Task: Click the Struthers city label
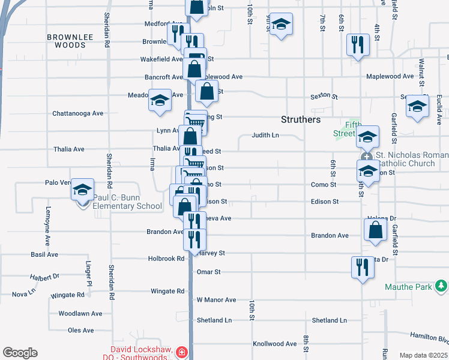pyautogui.click(x=300, y=119)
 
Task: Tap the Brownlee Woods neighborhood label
pyautogui.click(x=70, y=41)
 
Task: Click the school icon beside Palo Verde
pyautogui.click(x=82, y=191)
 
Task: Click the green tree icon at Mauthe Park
pyautogui.click(x=441, y=284)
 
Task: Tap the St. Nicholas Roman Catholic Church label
pyautogui.click(x=409, y=158)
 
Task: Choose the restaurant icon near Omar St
pyautogui.click(x=361, y=267)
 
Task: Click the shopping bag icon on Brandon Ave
pyautogui.click(x=375, y=230)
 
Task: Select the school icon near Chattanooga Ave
pyautogui.click(x=160, y=100)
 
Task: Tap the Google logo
pyautogui.click(x=20, y=353)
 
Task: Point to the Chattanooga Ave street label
pyautogui.click(x=78, y=113)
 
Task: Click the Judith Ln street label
pyautogui.click(x=265, y=136)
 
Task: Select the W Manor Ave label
pyautogui.click(x=216, y=299)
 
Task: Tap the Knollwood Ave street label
pyautogui.click(x=275, y=344)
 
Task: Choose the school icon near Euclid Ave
pyautogui.click(x=417, y=106)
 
